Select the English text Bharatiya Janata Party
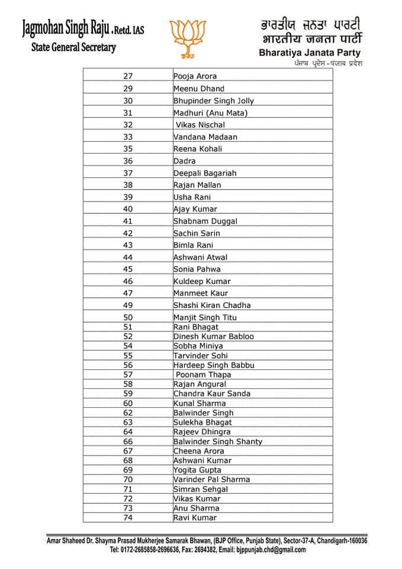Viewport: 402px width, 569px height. [310, 53]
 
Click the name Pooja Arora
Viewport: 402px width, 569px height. [195, 76]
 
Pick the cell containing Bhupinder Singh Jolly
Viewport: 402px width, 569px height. [213, 101]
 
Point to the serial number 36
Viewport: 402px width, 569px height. [128, 161]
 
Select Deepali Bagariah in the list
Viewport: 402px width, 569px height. [204, 173]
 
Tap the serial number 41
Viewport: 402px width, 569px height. [128, 221]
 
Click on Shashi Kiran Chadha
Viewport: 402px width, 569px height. [211, 305]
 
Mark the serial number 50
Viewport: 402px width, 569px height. [128, 318]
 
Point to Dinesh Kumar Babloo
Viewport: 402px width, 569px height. [213, 336]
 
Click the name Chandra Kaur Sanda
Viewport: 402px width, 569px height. [211, 394]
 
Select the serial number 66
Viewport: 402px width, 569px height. [128, 442]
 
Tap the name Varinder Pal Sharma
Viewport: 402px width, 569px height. [211, 480]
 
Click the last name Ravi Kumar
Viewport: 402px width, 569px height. [195, 517]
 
